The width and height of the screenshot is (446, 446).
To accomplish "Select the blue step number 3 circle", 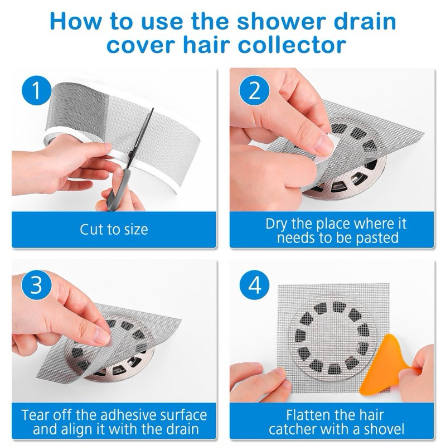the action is pos(36,285).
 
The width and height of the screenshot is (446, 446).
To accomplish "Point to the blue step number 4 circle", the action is pos(254,285).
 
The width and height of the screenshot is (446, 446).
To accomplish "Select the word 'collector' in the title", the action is pos(292,45).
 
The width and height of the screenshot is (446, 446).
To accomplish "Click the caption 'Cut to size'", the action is pos(114,229).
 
